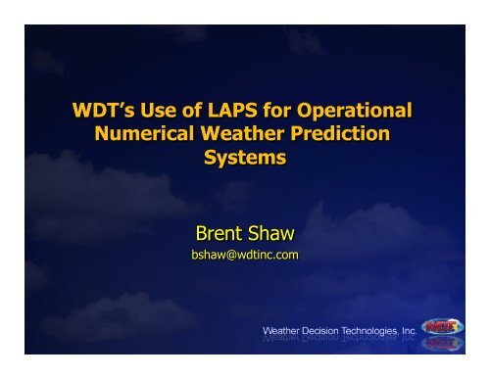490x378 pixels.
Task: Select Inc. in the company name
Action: point(417,330)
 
